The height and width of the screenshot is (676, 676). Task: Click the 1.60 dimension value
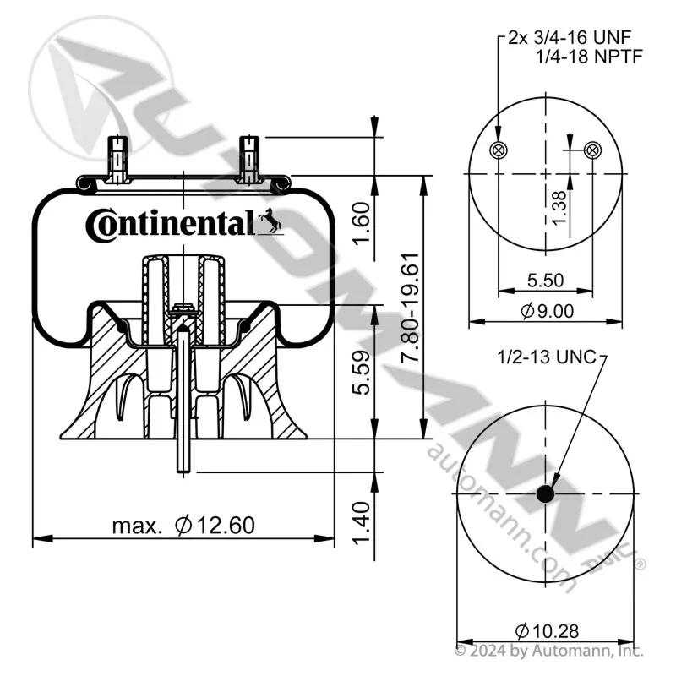click(x=362, y=223)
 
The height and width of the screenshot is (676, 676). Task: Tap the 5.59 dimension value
click(x=362, y=373)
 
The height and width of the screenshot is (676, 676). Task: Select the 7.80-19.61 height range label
click(x=410, y=308)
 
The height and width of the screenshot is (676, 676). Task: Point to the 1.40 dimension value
click(x=362, y=523)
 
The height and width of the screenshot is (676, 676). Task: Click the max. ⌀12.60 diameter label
click(x=183, y=525)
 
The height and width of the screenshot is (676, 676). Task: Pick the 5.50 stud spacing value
click(x=545, y=281)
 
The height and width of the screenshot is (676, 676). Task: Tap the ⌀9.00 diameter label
click(x=547, y=310)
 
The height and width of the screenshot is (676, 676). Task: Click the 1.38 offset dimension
click(x=559, y=208)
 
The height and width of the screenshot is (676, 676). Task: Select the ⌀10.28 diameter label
click(x=547, y=631)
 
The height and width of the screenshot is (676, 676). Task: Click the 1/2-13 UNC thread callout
click(x=547, y=357)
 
